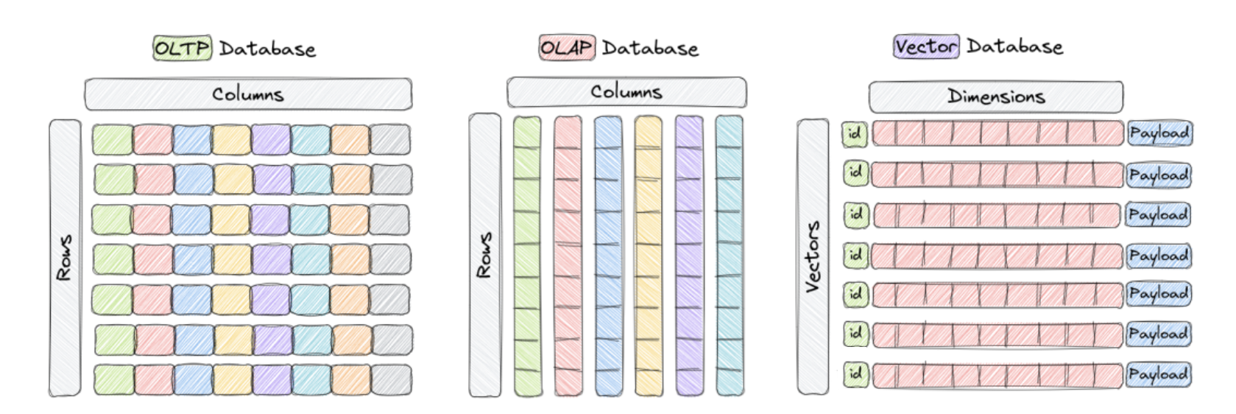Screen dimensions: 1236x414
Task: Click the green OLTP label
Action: click(x=182, y=49)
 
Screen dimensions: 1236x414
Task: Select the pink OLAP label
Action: click(x=566, y=48)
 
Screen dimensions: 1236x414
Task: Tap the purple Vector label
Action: click(x=926, y=46)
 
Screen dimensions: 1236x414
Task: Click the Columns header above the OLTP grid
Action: click(x=248, y=94)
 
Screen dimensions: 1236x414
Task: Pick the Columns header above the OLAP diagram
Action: click(x=626, y=92)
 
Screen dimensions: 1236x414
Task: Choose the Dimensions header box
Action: click(x=995, y=97)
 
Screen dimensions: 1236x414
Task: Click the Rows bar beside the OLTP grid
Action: click(x=65, y=258)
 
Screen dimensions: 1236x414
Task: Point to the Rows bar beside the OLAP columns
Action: click(x=484, y=255)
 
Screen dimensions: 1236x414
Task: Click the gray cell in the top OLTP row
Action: click(x=390, y=139)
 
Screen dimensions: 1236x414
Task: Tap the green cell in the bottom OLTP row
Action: click(x=114, y=379)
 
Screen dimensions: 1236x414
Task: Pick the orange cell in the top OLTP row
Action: click(x=350, y=139)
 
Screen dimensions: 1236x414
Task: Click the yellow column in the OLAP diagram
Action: click(x=649, y=255)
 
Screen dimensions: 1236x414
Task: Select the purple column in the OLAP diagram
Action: click(x=689, y=255)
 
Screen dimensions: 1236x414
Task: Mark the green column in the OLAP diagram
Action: click(x=527, y=255)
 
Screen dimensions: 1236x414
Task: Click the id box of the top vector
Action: click(x=855, y=134)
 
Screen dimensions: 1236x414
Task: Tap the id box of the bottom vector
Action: click(x=855, y=373)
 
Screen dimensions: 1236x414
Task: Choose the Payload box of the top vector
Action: click(x=1159, y=133)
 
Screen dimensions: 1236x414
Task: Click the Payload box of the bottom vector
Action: click(x=1158, y=374)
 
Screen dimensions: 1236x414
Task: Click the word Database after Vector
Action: click(x=1014, y=46)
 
